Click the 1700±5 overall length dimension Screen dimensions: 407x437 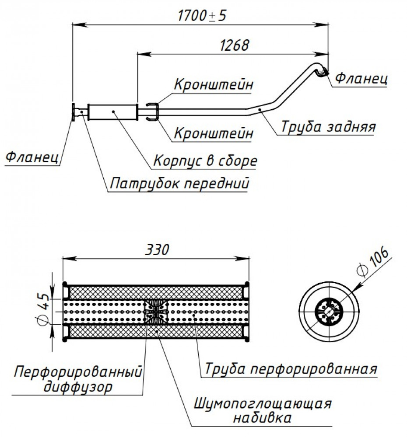(202, 15)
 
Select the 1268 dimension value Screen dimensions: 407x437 (234, 45)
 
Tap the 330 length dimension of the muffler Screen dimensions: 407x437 (157, 249)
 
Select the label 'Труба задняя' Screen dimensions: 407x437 (328, 126)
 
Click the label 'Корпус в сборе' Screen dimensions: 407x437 (205, 160)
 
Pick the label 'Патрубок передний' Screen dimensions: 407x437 (179, 184)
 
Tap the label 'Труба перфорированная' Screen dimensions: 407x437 (291, 368)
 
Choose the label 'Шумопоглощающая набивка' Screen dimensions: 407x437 (263, 410)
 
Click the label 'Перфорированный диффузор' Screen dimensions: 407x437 (78, 379)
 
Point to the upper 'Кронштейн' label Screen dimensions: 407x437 (214, 84)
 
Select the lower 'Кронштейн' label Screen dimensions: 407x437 (214, 133)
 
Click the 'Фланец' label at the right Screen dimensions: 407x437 (361, 78)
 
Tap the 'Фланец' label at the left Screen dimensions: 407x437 (32, 156)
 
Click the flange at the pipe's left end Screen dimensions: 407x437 (74, 112)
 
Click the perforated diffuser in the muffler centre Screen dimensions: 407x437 (156, 312)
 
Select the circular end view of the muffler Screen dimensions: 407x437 (329, 311)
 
